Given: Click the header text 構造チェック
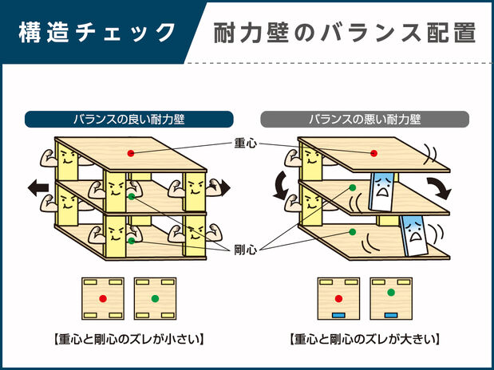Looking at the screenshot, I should tap(97, 33).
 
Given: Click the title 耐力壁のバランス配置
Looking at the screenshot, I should tap(345, 33).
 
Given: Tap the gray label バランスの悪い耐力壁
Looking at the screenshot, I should tap(365, 120).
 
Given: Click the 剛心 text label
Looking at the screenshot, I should tap(246, 250).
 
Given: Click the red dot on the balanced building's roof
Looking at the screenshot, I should tap(131, 152).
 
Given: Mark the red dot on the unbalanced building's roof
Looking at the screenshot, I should tap(373, 153).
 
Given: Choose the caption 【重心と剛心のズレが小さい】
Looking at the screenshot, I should tap(128, 338).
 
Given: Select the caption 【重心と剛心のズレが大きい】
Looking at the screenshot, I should tap(365, 338).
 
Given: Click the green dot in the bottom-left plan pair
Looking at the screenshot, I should tap(155, 298).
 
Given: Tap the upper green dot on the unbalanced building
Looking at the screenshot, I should tap(351, 188).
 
